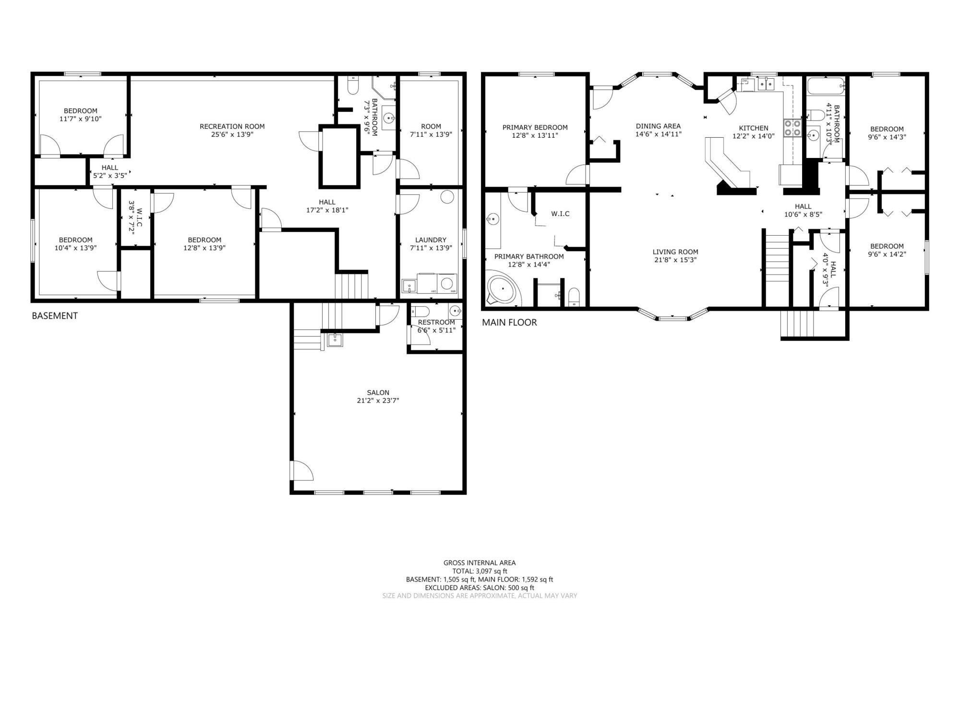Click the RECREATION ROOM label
click(x=232, y=126)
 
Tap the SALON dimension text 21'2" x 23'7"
click(x=378, y=400)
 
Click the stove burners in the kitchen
click(x=792, y=128)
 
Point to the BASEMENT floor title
click(x=55, y=316)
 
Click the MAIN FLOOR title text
click(x=509, y=323)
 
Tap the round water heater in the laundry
click(x=447, y=197)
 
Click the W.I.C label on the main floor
click(x=560, y=214)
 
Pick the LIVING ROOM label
click(x=675, y=252)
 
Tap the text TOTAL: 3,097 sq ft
click(x=480, y=571)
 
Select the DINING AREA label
click(x=658, y=126)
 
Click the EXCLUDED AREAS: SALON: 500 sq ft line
click(x=480, y=588)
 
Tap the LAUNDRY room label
click(x=431, y=240)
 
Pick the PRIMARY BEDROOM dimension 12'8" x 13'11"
click(x=535, y=135)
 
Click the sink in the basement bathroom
click(x=388, y=117)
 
